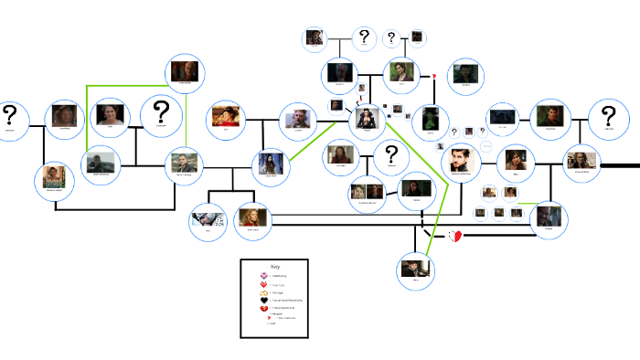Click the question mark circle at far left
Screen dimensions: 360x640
(x=10, y=119)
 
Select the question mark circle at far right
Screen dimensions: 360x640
(x=607, y=120)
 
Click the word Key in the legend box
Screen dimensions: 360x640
(x=273, y=267)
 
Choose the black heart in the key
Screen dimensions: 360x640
(x=263, y=298)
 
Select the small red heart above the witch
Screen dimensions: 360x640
(x=435, y=76)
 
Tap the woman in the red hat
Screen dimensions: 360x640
(x=227, y=117)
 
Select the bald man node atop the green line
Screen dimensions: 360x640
(x=186, y=72)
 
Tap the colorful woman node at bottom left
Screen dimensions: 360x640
(x=55, y=178)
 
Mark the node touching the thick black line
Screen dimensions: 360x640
(x=581, y=164)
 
